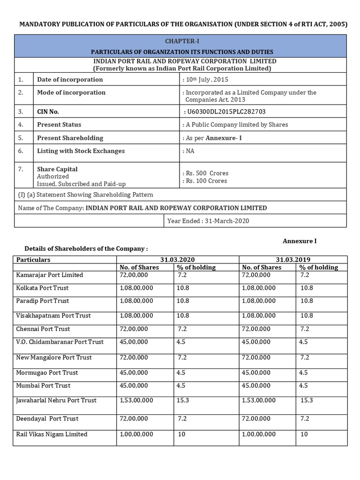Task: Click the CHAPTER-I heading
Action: coord(180,41)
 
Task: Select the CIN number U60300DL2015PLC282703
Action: coord(226,112)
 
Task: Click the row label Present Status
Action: coord(59,125)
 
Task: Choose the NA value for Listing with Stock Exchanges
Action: coord(190,151)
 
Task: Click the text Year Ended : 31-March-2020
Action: coord(209,221)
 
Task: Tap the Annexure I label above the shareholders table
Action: coord(300,241)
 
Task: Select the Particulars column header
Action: coord(33,260)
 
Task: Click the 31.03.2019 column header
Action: coord(293,260)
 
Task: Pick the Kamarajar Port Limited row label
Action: coord(50,275)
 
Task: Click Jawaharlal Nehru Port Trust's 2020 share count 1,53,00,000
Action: coord(137,401)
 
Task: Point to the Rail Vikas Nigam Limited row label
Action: coord(52,435)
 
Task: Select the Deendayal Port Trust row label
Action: coord(47,419)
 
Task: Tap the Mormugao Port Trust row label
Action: coord(47,373)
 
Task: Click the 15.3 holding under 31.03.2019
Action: coord(307,401)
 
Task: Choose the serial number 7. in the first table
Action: coord(21,169)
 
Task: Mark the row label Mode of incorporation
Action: coord(71,93)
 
